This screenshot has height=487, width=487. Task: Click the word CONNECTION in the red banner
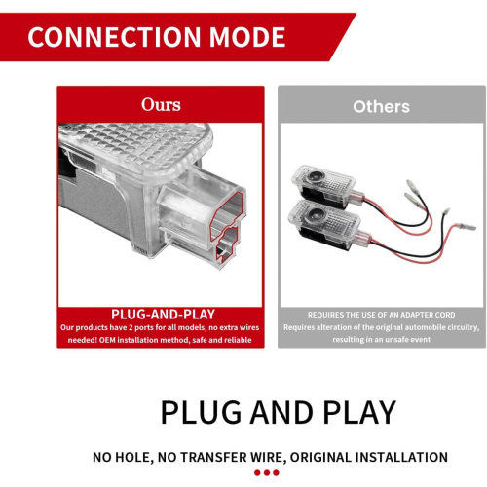[x=114, y=37]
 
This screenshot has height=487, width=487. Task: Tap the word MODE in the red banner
[x=247, y=37]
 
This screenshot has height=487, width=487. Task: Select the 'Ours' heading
[x=161, y=104]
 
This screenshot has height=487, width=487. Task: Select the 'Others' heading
[x=382, y=106]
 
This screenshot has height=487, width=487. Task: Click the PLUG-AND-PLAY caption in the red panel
[x=163, y=315]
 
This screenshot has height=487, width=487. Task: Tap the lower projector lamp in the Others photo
[x=328, y=224]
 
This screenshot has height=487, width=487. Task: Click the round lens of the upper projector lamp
[x=315, y=177]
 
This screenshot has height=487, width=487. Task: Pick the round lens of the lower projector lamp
[x=314, y=213]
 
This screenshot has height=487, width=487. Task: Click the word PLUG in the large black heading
[x=202, y=412]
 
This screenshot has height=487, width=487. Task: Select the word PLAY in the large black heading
[x=359, y=412]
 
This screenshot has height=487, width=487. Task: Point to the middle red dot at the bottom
[x=267, y=472]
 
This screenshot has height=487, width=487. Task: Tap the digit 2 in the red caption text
[x=131, y=327]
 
